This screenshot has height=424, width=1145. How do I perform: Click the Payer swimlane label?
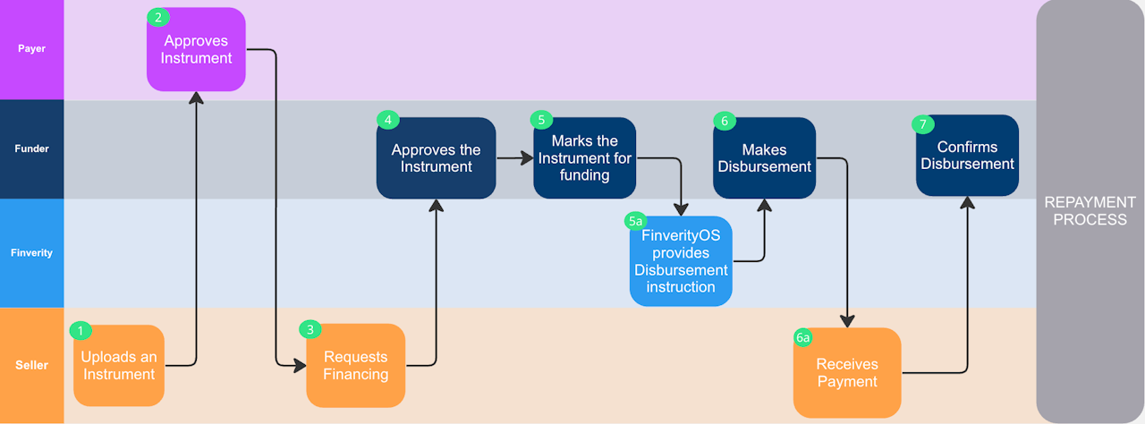[31, 48]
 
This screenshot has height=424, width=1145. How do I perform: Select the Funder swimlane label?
[31, 148]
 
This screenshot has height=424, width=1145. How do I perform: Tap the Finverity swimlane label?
[31, 253]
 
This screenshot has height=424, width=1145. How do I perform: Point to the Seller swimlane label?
[31, 365]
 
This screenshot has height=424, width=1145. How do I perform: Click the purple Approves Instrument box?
[196, 50]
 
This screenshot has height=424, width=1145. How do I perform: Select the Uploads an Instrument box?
[119, 366]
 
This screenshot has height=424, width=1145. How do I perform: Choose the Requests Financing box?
[355, 366]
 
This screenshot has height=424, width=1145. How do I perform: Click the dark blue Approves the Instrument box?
[436, 158]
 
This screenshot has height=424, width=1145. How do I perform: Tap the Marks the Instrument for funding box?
[584, 158]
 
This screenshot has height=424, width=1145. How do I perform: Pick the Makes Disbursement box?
[764, 158]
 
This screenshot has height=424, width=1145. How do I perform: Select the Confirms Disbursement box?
[967, 156]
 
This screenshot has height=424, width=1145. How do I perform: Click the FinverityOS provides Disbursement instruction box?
[681, 261]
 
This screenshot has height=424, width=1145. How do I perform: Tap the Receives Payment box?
[846, 373]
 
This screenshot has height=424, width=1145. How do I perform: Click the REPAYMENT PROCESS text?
[1090, 211]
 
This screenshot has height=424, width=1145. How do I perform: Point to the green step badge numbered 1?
[81, 331]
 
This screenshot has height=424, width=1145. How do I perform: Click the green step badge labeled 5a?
[635, 221]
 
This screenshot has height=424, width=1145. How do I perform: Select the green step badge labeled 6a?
[802, 337]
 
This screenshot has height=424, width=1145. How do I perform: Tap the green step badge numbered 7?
[922, 124]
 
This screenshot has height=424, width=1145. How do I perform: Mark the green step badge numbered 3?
[310, 329]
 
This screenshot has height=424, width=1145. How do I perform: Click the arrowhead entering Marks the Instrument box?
[528, 158]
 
